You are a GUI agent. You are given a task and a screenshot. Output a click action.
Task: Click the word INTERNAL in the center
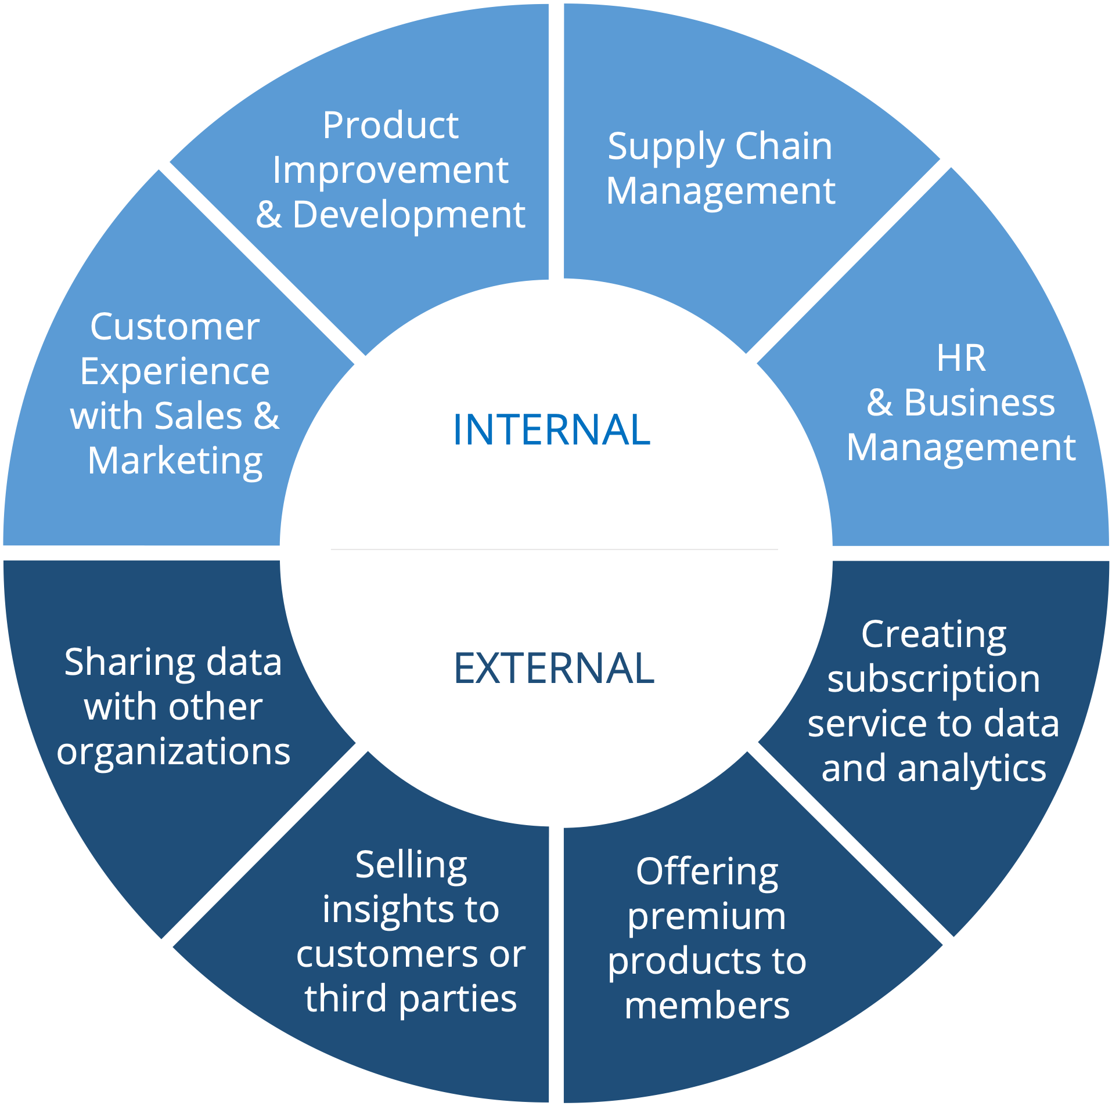(551, 430)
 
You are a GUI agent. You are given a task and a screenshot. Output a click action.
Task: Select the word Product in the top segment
(391, 125)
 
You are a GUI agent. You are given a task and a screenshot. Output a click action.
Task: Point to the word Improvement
(390, 171)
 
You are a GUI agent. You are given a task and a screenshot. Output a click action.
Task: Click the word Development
(409, 215)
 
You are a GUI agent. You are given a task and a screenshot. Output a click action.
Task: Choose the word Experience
(175, 371)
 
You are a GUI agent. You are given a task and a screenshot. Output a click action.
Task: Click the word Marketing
(175, 462)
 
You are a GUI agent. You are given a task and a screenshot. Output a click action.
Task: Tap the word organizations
(174, 752)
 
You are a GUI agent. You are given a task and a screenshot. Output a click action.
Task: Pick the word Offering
(707, 873)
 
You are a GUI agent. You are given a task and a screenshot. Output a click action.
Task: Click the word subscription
(934, 680)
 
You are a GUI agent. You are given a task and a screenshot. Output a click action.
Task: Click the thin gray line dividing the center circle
(554, 549)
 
